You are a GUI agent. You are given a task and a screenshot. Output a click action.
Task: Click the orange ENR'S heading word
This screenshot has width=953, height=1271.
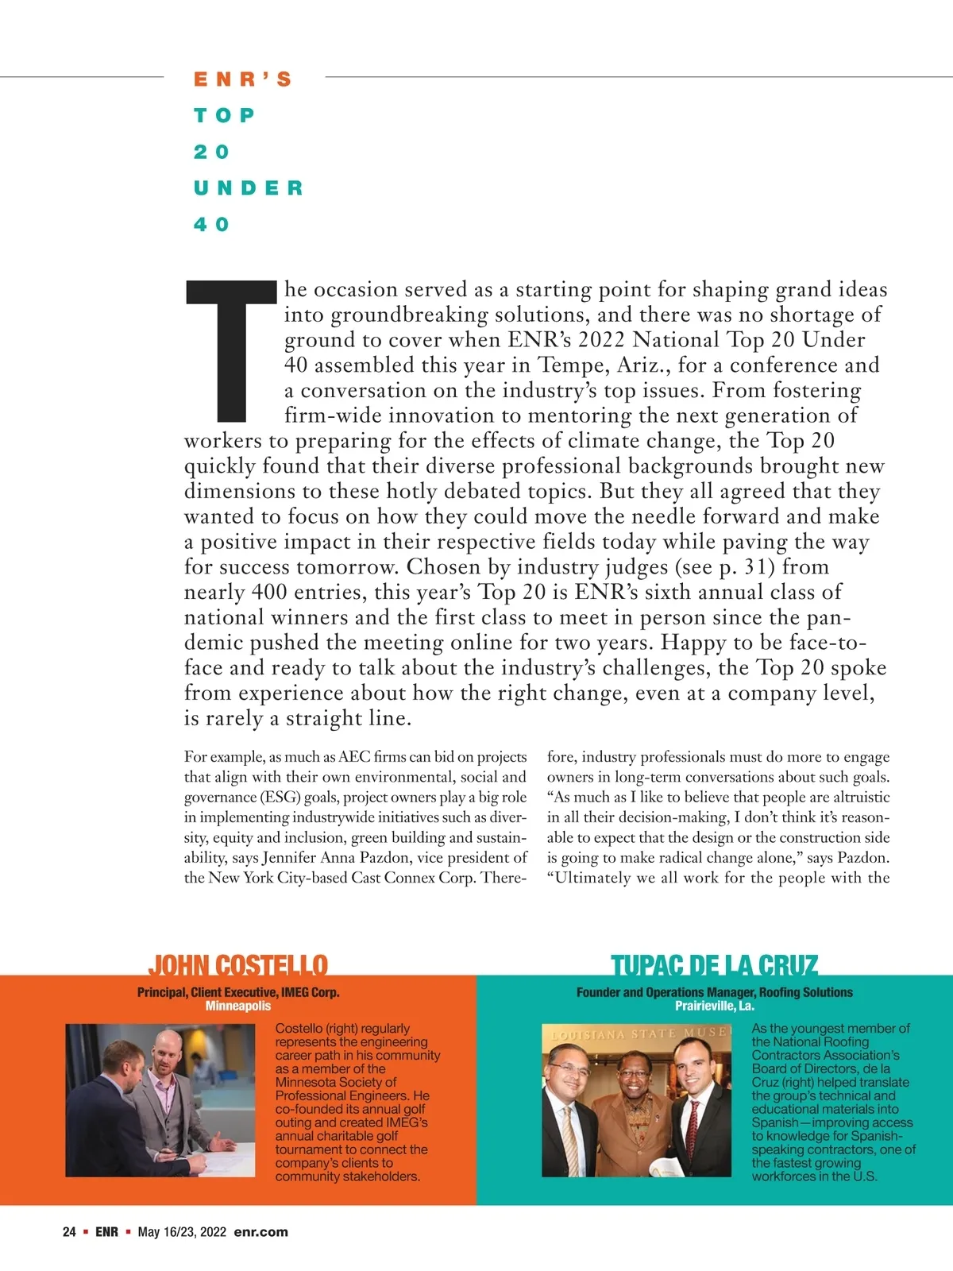click(243, 79)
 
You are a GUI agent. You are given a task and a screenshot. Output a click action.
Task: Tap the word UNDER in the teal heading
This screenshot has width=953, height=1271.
click(249, 188)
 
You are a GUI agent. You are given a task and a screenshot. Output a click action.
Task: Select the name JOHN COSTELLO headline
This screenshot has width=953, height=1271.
click(237, 965)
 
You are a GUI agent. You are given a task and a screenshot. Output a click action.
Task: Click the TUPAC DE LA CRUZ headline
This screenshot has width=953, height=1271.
click(714, 965)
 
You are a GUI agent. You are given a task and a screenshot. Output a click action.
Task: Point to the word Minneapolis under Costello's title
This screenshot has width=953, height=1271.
click(237, 1006)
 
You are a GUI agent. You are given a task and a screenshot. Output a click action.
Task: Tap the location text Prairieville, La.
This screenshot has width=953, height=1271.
click(714, 1006)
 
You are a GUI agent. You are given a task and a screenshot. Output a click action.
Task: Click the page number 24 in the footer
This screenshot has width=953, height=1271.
click(69, 1232)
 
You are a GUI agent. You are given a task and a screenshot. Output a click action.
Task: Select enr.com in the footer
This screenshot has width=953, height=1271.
click(260, 1232)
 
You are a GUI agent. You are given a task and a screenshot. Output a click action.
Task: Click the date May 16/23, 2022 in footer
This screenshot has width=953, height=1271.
click(182, 1232)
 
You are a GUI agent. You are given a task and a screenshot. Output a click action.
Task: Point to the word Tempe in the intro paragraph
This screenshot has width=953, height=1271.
click(571, 365)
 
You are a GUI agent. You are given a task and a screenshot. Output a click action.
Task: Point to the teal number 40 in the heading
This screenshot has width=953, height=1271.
click(211, 225)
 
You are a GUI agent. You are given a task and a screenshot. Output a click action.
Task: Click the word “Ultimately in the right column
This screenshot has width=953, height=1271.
click(588, 878)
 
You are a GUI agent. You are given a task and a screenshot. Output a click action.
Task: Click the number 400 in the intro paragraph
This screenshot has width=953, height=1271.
click(268, 593)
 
